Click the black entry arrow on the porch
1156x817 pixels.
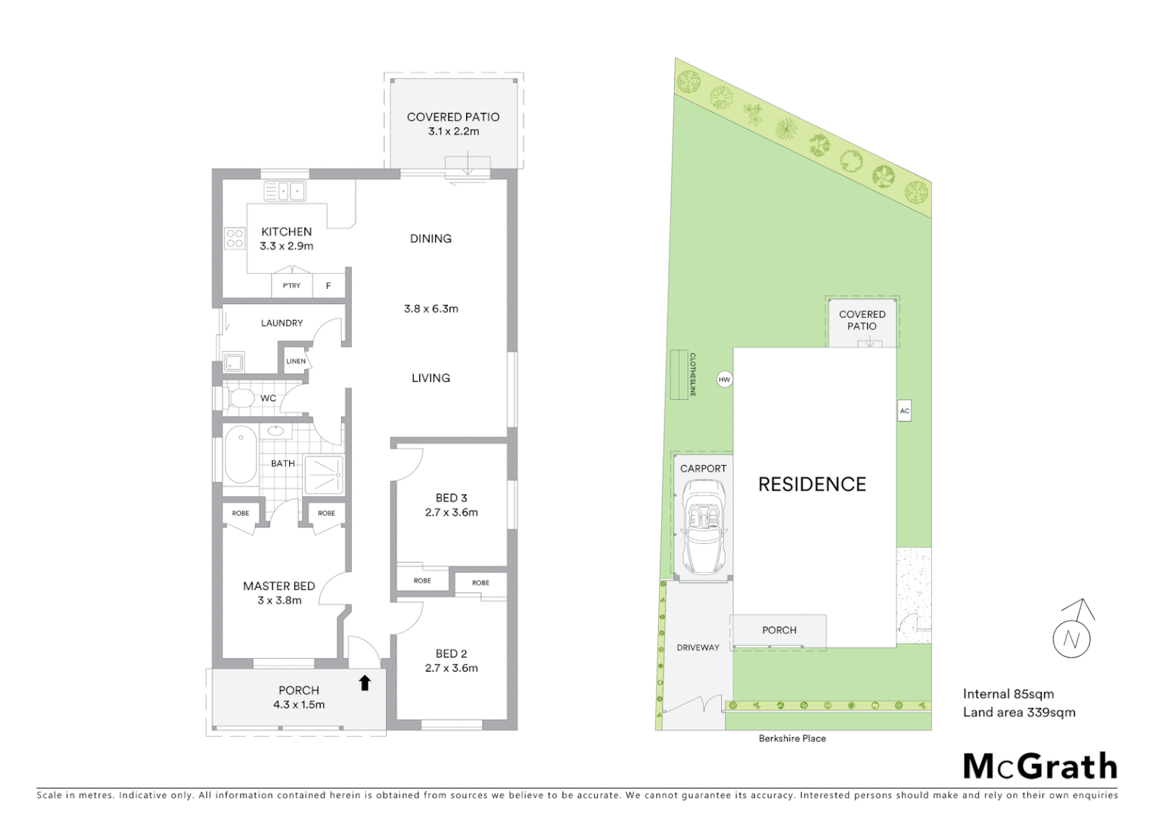365,683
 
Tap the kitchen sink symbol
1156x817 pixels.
284,191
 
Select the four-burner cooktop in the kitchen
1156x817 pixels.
235,239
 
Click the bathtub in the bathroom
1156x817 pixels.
241,455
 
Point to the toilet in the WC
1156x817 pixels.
241,398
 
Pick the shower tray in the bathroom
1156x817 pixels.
324,475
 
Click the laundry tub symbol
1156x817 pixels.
234,362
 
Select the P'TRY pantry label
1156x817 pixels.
291,286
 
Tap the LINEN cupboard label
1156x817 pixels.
296,361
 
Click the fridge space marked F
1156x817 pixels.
328,286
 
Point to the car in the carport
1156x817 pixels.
704,528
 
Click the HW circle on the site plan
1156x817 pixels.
724,380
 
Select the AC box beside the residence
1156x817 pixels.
904,411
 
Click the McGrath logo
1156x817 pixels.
1039,766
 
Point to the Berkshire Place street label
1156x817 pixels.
792,738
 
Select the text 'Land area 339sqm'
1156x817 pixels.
1018,712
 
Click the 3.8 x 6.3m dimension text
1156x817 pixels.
430,309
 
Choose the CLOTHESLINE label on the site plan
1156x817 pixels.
692,374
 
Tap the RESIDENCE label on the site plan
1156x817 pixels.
812,484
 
